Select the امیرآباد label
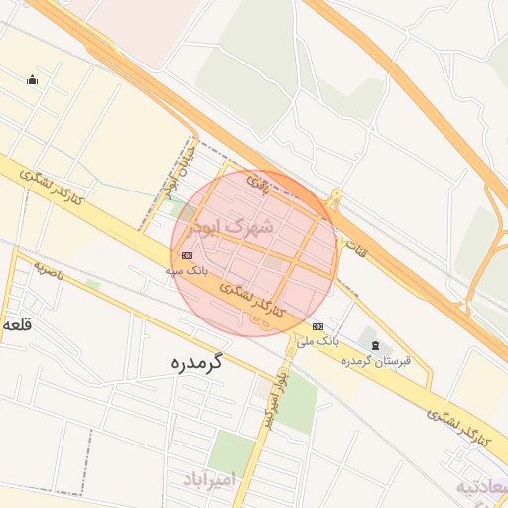[x=211, y=481]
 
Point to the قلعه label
[x=16, y=324]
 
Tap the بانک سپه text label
[x=187, y=270]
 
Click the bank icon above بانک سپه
[x=188, y=255]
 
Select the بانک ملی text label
[x=319, y=341]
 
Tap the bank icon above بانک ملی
[x=317, y=326]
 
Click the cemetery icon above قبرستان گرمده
[x=374, y=345]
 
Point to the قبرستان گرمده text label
[x=376, y=361]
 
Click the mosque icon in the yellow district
[x=33, y=81]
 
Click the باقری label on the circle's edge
[x=259, y=183]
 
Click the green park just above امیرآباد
[x=232, y=451]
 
